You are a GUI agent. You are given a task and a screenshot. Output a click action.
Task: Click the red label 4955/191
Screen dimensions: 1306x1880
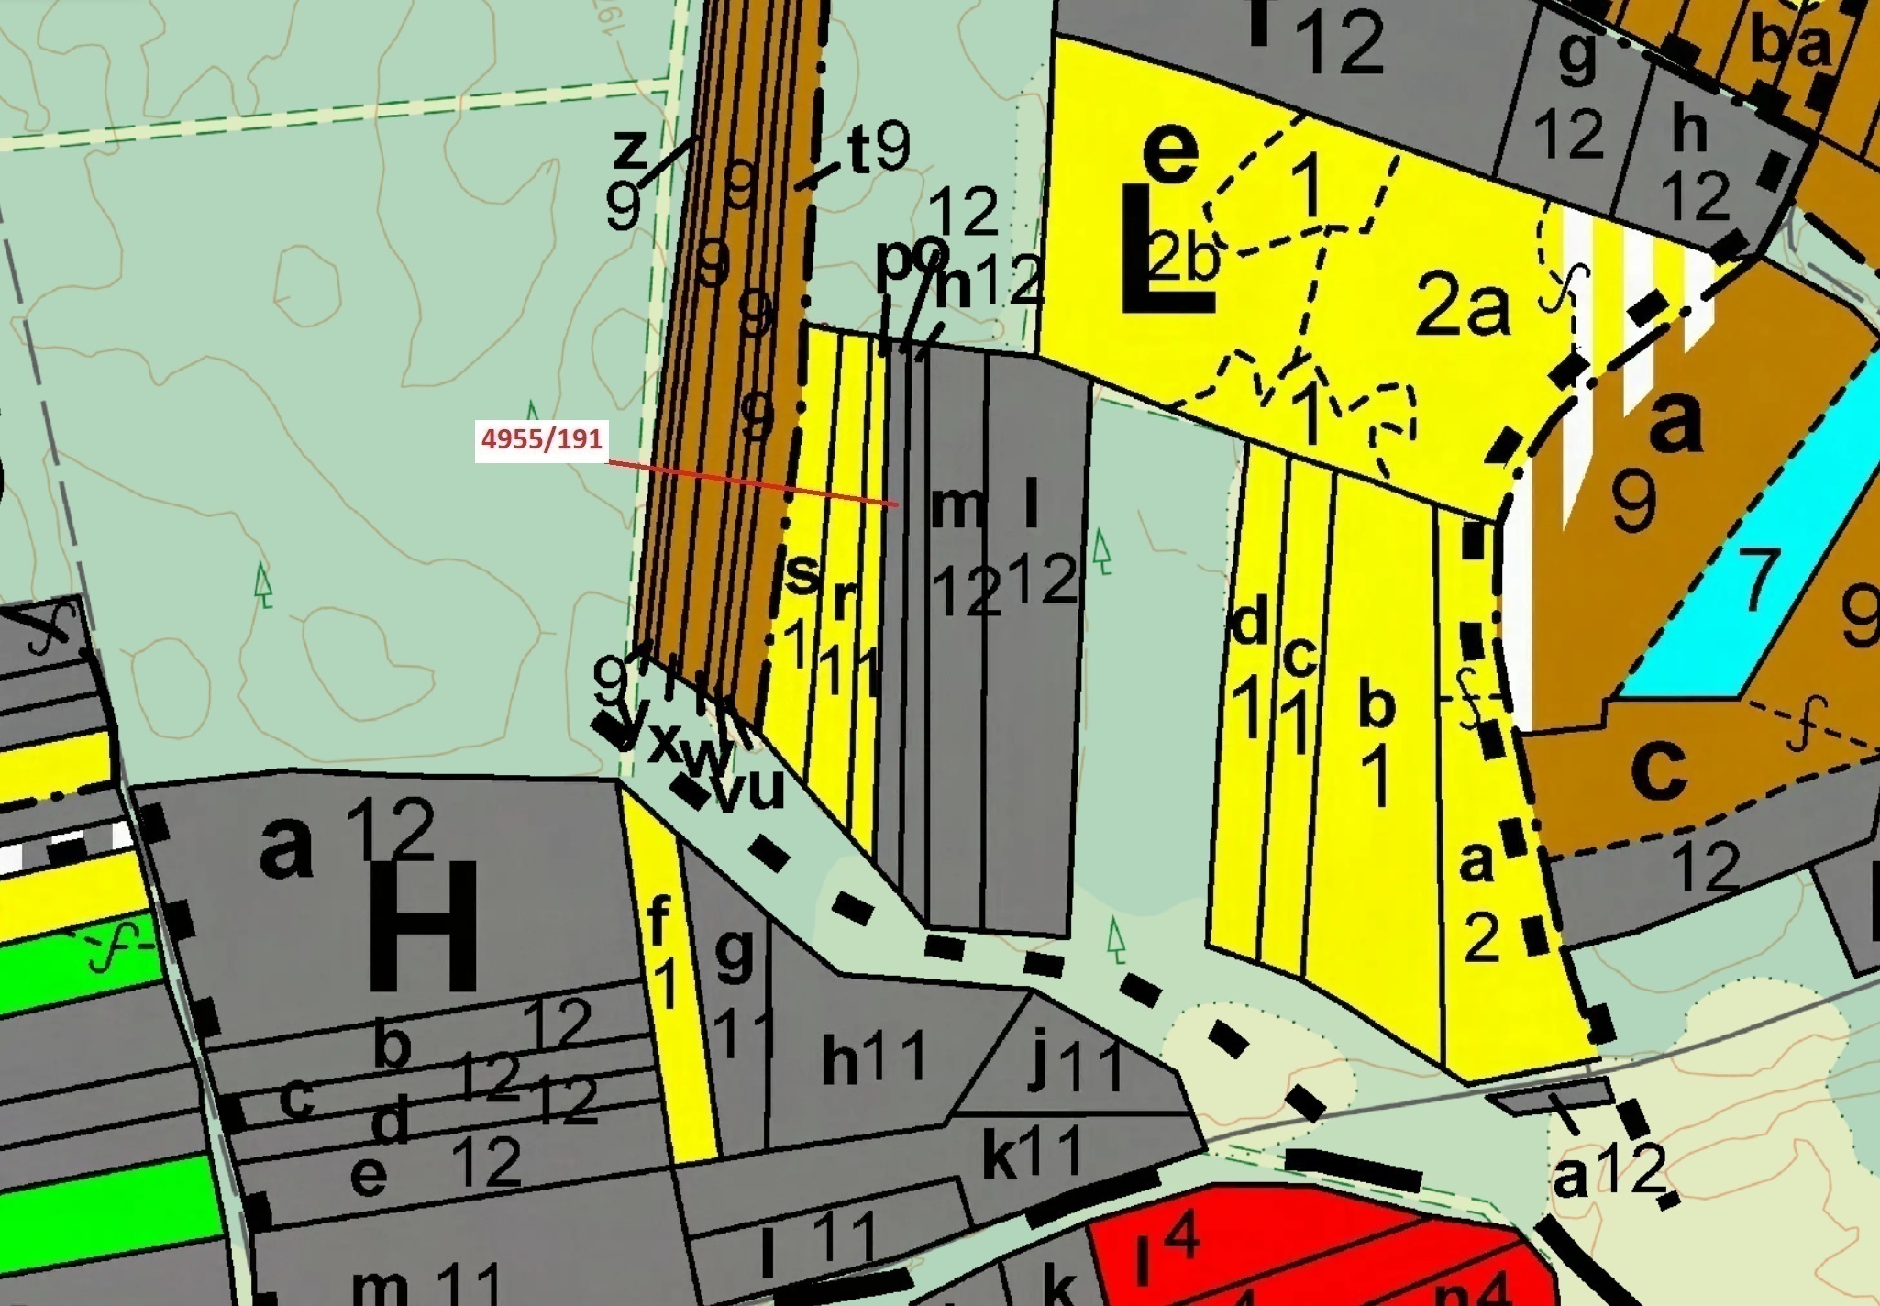(x=542, y=439)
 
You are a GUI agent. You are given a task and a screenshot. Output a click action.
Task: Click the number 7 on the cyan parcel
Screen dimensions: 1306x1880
(x=1756, y=580)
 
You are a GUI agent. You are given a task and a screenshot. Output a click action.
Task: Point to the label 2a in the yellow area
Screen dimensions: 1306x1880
(x=1462, y=305)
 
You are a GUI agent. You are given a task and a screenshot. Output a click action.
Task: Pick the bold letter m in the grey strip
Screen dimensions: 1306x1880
(x=957, y=506)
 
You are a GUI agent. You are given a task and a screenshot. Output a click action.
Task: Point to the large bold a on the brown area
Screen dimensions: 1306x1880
(x=1675, y=422)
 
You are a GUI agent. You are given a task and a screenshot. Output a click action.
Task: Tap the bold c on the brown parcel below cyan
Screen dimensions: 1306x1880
(x=1658, y=767)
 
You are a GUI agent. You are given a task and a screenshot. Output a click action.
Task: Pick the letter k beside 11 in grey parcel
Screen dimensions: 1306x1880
(x=1001, y=1157)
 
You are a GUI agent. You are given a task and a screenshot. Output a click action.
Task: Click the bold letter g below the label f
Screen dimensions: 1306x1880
(x=734, y=954)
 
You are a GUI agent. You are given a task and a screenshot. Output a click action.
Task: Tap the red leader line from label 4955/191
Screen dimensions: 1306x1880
(x=752, y=483)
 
